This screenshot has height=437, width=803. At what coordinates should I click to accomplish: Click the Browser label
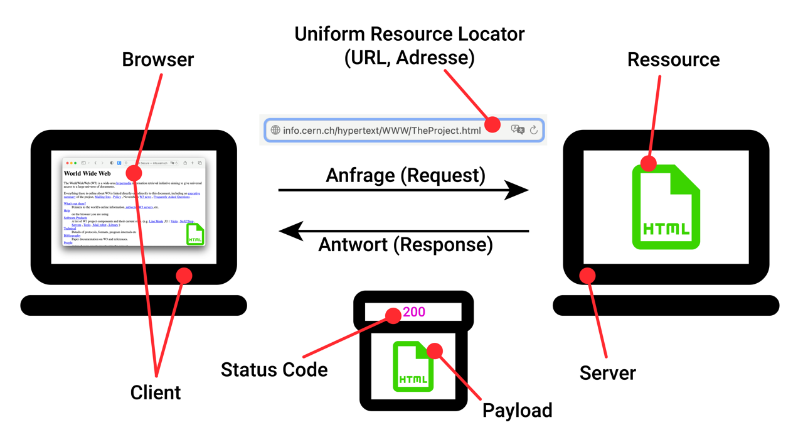(157, 60)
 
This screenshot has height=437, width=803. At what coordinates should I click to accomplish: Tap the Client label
(156, 392)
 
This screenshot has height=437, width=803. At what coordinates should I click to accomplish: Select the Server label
(607, 373)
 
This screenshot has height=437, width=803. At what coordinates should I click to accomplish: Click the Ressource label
(673, 60)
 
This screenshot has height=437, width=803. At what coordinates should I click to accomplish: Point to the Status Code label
(274, 370)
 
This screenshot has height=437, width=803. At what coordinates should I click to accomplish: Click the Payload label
(517, 411)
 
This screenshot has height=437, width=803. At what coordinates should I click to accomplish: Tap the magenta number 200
(414, 311)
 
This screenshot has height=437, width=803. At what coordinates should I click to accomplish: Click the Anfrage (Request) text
(405, 175)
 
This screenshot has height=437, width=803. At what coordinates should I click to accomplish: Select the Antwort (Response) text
(405, 244)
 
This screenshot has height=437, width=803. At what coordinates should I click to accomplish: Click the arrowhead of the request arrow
(518, 190)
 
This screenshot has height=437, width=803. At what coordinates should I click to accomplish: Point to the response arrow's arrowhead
(290, 231)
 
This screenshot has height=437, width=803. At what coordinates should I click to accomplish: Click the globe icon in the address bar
(275, 131)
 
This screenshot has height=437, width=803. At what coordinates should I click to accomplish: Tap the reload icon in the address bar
(534, 130)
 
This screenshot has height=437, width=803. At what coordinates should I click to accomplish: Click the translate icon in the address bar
(518, 130)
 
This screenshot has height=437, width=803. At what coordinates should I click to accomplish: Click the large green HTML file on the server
(666, 207)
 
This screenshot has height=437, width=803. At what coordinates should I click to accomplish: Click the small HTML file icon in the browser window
(195, 234)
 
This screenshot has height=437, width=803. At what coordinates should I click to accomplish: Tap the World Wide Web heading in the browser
(87, 173)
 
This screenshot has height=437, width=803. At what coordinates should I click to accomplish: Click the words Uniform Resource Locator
(409, 34)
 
